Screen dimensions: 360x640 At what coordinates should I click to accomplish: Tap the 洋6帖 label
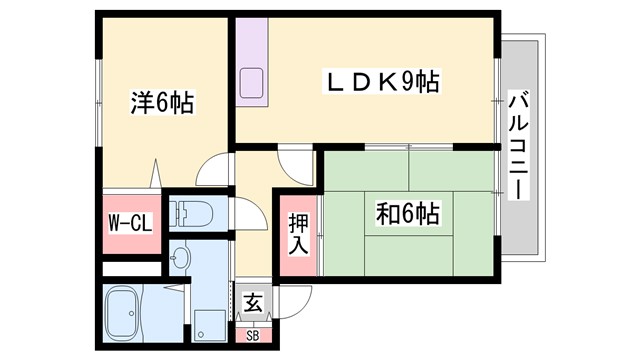click(161, 102)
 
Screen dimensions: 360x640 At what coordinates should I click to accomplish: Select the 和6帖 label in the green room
click(410, 213)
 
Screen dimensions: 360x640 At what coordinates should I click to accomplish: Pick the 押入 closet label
click(298, 234)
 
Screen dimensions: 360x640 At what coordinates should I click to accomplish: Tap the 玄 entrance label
click(252, 301)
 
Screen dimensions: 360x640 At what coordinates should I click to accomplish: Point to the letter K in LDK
click(385, 81)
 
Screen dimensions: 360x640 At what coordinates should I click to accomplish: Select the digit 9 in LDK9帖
click(409, 81)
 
